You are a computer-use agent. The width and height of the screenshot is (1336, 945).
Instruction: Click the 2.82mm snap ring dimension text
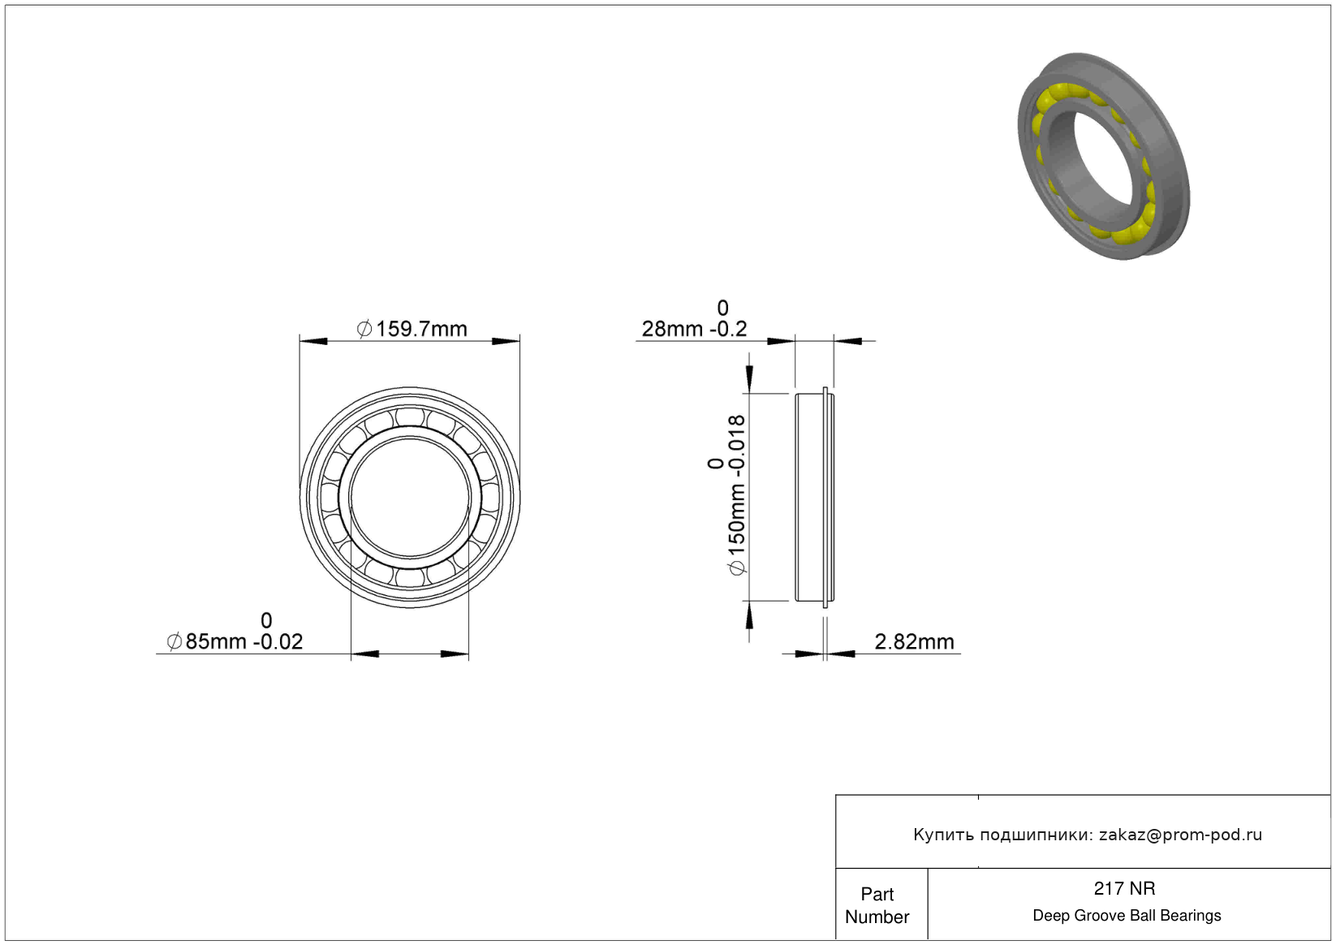[914, 641]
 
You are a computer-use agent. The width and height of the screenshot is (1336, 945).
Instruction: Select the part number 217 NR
[1124, 888]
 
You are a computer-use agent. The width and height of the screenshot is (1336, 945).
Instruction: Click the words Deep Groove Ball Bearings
[1127, 915]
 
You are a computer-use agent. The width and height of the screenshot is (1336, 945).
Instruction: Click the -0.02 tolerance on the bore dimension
[278, 641]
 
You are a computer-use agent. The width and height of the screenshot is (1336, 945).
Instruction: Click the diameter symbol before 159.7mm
[364, 329]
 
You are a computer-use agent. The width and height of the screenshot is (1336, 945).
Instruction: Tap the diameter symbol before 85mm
[175, 641]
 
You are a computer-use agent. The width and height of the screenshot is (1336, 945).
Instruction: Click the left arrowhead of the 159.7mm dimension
[313, 341]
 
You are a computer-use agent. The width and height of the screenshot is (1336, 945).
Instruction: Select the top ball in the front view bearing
[410, 416]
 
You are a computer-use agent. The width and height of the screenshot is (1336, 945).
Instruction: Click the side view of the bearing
[815, 497]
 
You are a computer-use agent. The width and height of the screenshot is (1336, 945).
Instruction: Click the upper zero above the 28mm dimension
[723, 308]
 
